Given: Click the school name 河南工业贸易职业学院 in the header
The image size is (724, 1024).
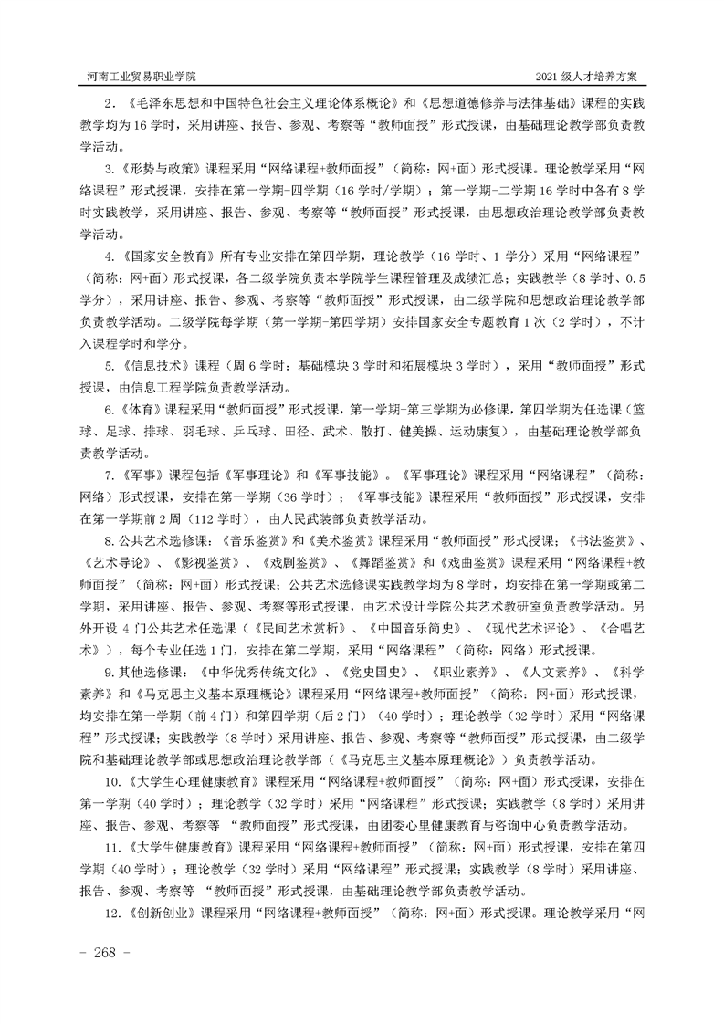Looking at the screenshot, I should tap(138, 74).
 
